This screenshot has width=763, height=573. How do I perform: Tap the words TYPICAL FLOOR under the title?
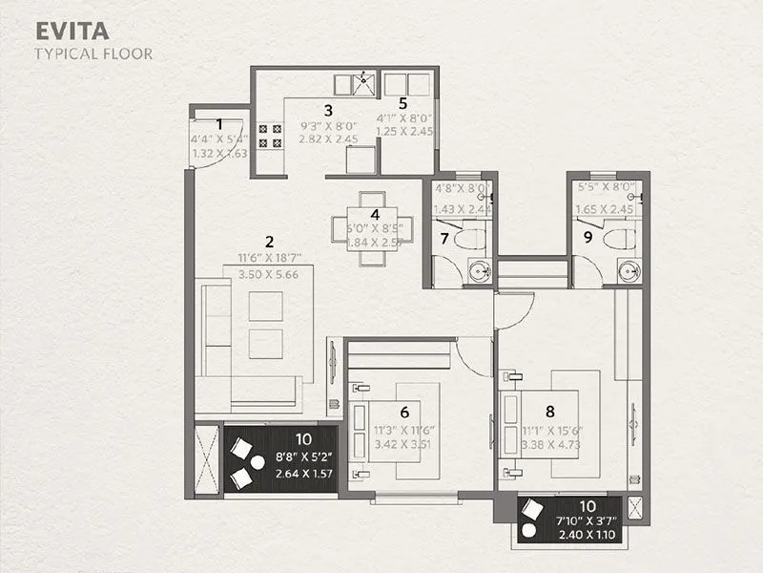pyautogui.click(x=93, y=53)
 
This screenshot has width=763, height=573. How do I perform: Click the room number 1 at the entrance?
pyautogui.click(x=220, y=123)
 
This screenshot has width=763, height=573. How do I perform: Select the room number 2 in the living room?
pyautogui.click(x=270, y=241)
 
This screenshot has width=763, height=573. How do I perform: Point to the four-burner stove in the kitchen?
pyautogui.click(x=270, y=136)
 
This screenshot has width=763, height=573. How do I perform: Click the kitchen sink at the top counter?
pyautogui.click(x=364, y=83)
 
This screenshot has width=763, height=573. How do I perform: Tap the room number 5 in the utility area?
pyautogui.click(x=402, y=102)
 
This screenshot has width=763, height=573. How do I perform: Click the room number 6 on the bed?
pyautogui.click(x=404, y=413)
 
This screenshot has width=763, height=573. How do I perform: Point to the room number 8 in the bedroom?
pyautogui.click(x=549, y=412)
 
